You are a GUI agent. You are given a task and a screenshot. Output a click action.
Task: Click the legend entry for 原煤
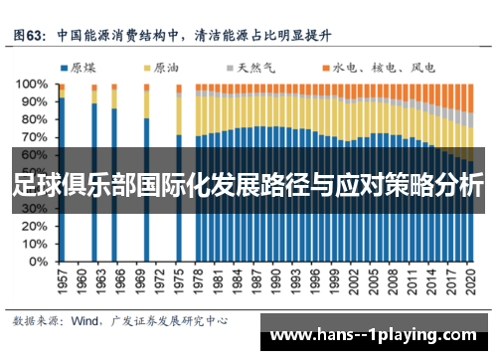tap(76, 68)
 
